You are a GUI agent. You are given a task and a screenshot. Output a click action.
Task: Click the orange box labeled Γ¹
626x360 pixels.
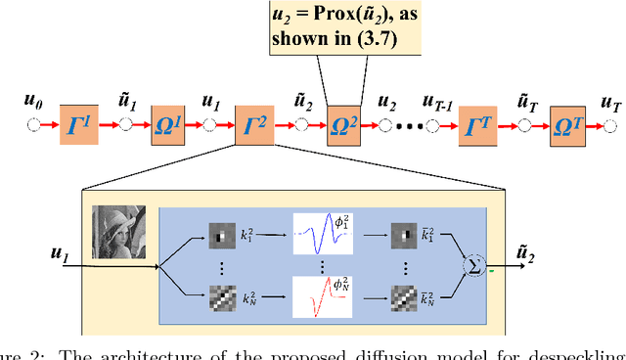click(x=80, y=125)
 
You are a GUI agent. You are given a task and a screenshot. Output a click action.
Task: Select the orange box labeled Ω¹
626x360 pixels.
click(x=167, y=125)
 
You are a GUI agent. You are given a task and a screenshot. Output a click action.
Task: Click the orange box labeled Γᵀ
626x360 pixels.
click(x=479, y=125)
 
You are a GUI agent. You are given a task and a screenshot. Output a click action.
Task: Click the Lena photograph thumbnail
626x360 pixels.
click(x=118, y=232)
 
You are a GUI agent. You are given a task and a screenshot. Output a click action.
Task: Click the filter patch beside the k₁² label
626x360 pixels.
click(x=221, y=238)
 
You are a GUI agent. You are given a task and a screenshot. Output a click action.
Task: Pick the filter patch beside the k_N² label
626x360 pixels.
click(x=221, y=294)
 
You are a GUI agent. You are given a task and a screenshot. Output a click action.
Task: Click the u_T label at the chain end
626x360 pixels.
click(x=610, y=103)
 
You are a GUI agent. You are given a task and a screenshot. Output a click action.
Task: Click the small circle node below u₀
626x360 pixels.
click(x=36, y=125)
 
